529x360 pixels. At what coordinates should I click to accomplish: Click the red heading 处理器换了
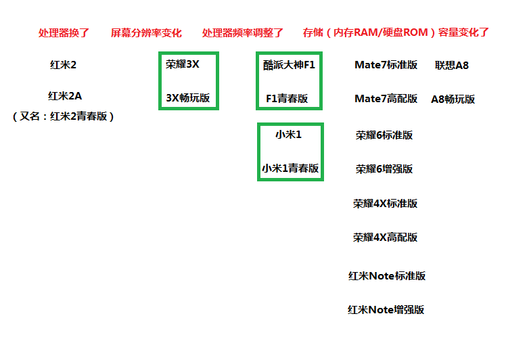point(64,32)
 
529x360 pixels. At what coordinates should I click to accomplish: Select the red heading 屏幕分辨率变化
point(146,32)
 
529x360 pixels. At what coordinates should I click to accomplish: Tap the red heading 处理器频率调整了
point(243,32)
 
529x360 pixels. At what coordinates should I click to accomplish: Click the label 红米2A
point(65,96)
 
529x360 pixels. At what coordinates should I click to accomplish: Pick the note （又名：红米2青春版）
point(63,116)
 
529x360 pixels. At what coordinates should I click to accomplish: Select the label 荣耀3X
point(182,64)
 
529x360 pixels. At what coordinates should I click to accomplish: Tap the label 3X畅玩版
point(187,98)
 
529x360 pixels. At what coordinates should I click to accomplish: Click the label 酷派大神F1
point(289,65)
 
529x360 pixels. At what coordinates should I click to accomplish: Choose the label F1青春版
point(287,99)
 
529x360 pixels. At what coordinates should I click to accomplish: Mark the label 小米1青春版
point(290,168)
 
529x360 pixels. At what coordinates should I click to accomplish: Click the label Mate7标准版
point(386,65)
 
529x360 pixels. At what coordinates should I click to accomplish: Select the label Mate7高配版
point(386,99)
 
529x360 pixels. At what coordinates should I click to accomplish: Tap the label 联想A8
point(452,65)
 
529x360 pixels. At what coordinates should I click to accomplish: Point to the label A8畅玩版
point(453,99)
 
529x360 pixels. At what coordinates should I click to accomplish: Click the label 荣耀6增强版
point(384,168)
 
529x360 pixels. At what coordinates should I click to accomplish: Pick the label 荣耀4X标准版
point(385,204)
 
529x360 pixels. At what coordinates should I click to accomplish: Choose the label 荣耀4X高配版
point(385,238)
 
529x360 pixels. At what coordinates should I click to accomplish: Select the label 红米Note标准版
point(387,276)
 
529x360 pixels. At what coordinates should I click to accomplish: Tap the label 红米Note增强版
point(386,310)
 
